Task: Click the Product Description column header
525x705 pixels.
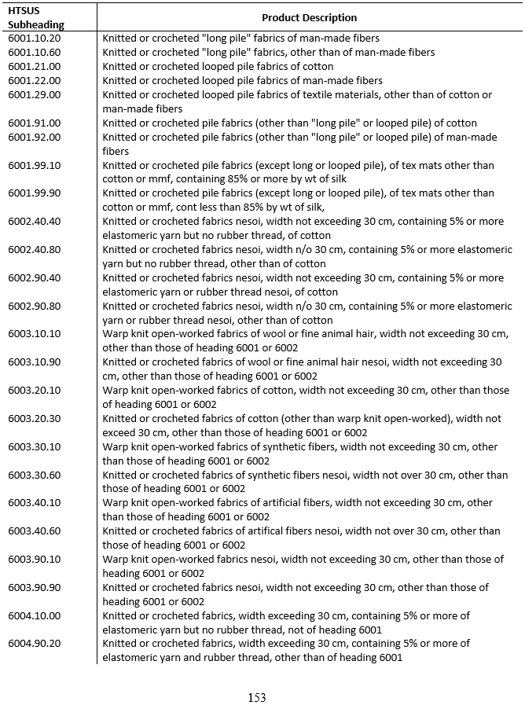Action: (309, 17)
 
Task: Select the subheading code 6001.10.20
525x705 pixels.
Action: (35, 38)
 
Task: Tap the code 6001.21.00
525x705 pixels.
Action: (35, 66)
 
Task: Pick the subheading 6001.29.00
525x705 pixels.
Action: (35, 94)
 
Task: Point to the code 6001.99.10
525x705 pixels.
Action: (35, 165)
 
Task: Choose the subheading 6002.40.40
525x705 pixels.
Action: (35, 222)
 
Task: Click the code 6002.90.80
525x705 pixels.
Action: (35, 307)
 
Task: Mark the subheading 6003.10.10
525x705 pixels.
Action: (35, 334)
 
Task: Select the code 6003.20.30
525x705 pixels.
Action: (35, 419)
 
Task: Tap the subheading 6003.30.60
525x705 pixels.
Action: (35, 476)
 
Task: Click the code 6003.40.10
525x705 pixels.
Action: (35, 503)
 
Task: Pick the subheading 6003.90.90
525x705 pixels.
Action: (35, 588)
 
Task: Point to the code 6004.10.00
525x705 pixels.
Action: (35, 616)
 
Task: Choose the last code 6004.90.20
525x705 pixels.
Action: (35, 644)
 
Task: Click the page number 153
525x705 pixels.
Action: (257, 697)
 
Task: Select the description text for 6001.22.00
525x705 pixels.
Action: (242, 80)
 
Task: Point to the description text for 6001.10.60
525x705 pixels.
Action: (268, 52)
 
